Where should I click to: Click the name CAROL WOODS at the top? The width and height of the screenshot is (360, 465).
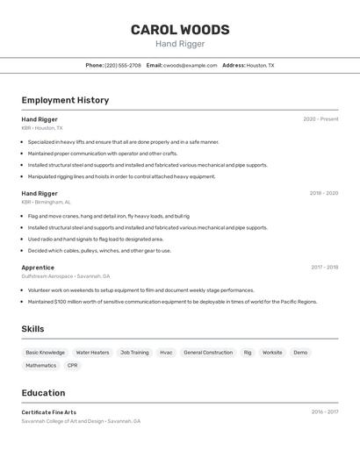180,30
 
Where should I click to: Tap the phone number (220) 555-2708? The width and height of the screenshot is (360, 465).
123,65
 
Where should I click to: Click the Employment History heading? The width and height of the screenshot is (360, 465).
65,100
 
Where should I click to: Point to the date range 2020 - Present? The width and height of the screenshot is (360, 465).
320,119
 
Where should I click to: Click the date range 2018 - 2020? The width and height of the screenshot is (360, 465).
323,193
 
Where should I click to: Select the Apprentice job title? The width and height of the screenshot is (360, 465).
38,268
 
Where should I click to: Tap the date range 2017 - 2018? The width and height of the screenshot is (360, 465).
324,268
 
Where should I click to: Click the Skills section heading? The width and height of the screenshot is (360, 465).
33,329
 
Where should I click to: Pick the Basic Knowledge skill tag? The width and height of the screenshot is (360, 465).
45,353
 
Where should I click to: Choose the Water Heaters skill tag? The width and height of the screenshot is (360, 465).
92,353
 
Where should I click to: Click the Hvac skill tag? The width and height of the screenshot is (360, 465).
166,353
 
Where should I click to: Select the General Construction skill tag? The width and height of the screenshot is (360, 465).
208,353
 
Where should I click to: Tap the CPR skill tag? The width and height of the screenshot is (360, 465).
72,366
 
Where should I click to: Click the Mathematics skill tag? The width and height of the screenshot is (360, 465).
40,366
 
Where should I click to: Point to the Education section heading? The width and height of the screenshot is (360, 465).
43,393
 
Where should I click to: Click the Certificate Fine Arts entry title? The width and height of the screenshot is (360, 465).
49,412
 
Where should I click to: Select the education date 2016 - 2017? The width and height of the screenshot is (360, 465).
324,411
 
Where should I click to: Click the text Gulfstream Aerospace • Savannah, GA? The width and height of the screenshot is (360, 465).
66,275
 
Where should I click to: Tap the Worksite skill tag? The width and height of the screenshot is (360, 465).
272,353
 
